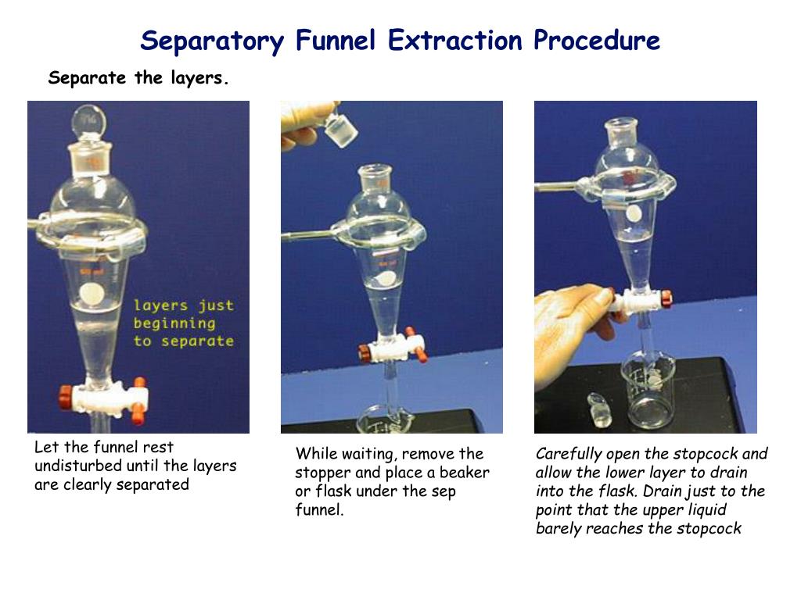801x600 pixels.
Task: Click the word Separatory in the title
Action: tap(211, 41)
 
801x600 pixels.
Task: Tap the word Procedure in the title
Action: tap(597, 41)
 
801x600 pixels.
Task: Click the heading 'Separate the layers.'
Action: tap(138, 78)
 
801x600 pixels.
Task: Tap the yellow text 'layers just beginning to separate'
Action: tap(183, 323)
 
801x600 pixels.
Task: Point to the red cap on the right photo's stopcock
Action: tap(666, 298)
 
